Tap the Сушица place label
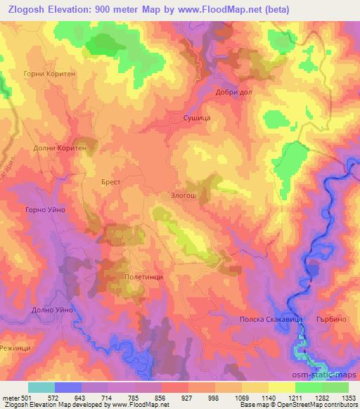(196, 119)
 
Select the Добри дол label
(233, 92)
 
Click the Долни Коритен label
(60, 148)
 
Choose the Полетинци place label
(143, 277)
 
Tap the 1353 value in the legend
(348, 397)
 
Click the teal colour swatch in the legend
(41, 387)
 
